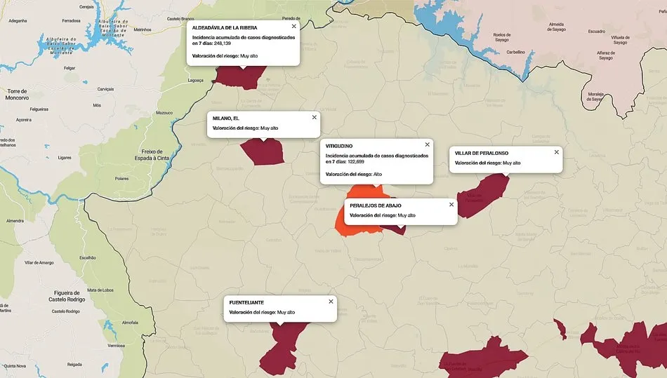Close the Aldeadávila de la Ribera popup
click(293, 26)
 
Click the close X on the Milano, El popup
click(314, 116)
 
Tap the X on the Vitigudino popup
click(427, 144)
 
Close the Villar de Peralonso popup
click(556, 151)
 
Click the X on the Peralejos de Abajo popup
click(451, 205)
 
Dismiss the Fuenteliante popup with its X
click(331, 302)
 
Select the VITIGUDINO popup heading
click(339, 146)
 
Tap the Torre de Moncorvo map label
click(16, 95)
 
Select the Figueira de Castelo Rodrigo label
click(72, 296)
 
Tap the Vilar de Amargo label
click(39, 262)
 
